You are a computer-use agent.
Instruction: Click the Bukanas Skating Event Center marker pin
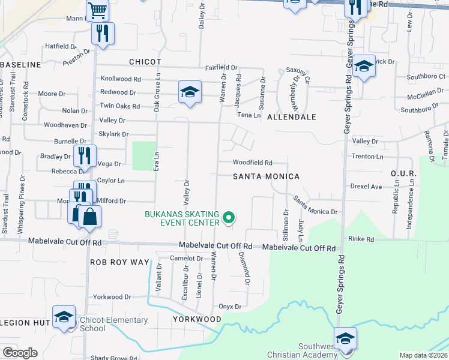(x=228, y=218)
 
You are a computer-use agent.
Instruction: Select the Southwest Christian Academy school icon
(x=345, y=338)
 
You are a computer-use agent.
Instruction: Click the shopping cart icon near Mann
(x=97, y=10)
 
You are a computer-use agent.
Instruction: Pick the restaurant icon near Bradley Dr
(x=84, y=155)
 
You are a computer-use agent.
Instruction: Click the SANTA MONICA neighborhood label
(x=266, y=176)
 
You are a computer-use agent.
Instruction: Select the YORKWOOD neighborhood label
(x=197, y=319)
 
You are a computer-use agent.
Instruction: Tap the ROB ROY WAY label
(x=119, y=262)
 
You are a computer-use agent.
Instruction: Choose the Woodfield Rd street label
(x=253, y=163)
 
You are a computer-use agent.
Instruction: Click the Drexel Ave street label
(x=367, y=187)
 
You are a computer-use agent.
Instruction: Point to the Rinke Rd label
(x=361, y=239)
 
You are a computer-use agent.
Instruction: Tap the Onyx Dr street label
(x=230, y=306)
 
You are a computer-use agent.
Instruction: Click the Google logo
(x=20, y=353)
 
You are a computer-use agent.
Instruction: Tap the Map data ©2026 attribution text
(x=424, y=355)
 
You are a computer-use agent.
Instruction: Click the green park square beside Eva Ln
(x=143, y=155)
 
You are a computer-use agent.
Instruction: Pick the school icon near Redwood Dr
(x=190, y=92)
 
